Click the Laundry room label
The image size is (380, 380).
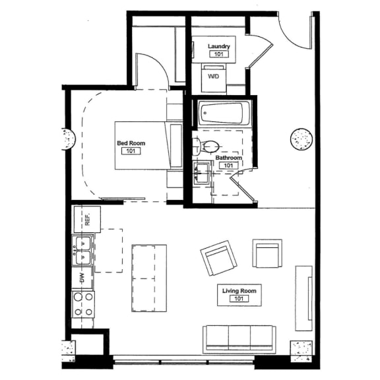click(x=219, y=46)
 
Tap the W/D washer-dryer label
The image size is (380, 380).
click(x=214, y=77)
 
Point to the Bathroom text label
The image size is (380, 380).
click(x=228, y=158)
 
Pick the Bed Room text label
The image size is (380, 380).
click(x=131, y=143)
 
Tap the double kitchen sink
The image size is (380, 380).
click(x=83, y=250)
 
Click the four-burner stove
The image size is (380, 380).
click(x=83, y=304)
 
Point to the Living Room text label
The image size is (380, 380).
click(x=239, y=290)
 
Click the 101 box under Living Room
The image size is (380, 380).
click(x=239, y=299)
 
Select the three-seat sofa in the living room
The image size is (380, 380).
click(x=239, y=338)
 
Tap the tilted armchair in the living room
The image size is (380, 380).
click(x=219, y=259)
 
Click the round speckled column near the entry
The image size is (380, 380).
click(x=301, y=139)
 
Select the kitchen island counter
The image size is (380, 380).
click(x=149, y=278)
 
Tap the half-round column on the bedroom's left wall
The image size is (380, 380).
click(x=67, y=138)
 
